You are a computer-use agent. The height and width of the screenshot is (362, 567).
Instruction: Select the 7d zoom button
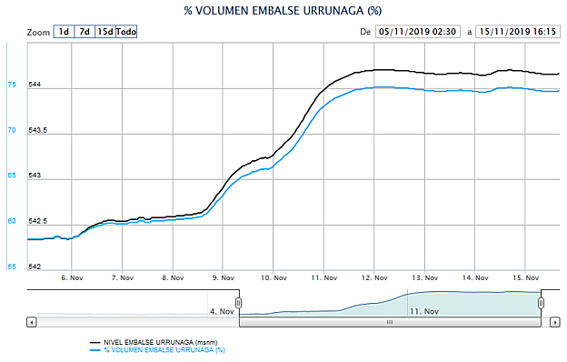coord(84,32)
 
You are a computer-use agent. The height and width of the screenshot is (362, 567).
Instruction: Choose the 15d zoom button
coord(104,32)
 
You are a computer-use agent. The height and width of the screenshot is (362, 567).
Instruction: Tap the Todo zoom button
coord(126,32)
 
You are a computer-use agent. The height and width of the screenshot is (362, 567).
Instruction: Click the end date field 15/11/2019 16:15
coord(518,32)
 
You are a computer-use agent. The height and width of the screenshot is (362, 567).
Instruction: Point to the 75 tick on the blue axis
coord(12,85)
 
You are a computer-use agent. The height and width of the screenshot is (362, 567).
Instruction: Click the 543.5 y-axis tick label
coord(41,131)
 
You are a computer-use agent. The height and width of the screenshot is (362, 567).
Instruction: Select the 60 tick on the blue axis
coord(12,221)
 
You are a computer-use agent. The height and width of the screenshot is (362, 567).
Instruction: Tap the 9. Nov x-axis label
coord(223,277)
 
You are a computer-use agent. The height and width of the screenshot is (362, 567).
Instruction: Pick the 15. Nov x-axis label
coord(526,277)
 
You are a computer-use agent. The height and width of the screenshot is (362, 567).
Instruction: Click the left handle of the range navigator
coord(238,303)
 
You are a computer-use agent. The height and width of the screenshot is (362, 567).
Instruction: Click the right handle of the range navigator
coord(541,303)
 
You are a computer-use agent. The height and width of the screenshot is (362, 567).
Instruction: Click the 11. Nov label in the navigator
coord(425,311)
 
